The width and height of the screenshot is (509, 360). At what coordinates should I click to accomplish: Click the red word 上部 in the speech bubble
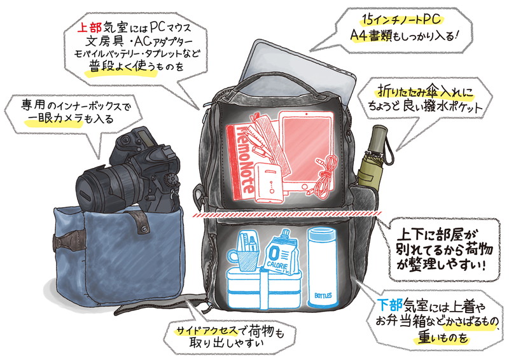coord(90,28)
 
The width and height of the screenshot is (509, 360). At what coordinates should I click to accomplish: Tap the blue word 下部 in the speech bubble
coord(390,304)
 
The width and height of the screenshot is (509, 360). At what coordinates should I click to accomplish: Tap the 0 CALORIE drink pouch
coord(281,252)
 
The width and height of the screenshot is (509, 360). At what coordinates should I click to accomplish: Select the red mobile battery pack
coord(270,183)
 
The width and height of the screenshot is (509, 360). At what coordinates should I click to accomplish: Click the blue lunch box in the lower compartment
coord(264,287)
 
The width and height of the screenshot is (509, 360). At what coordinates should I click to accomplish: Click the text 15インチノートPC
coord(401,20)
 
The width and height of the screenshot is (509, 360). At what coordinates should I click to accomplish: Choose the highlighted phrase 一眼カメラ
coord(54,120)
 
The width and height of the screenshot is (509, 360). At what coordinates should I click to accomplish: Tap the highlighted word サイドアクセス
coord(206,331)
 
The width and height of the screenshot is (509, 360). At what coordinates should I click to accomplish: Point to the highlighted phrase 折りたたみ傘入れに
coord(425,92)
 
